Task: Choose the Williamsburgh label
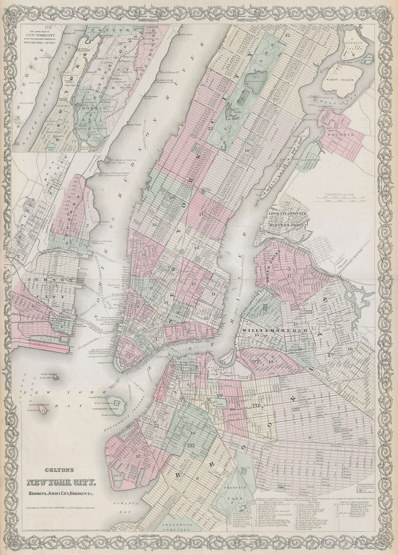tap(271, 331)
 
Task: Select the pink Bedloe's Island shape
tap(44, 411)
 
